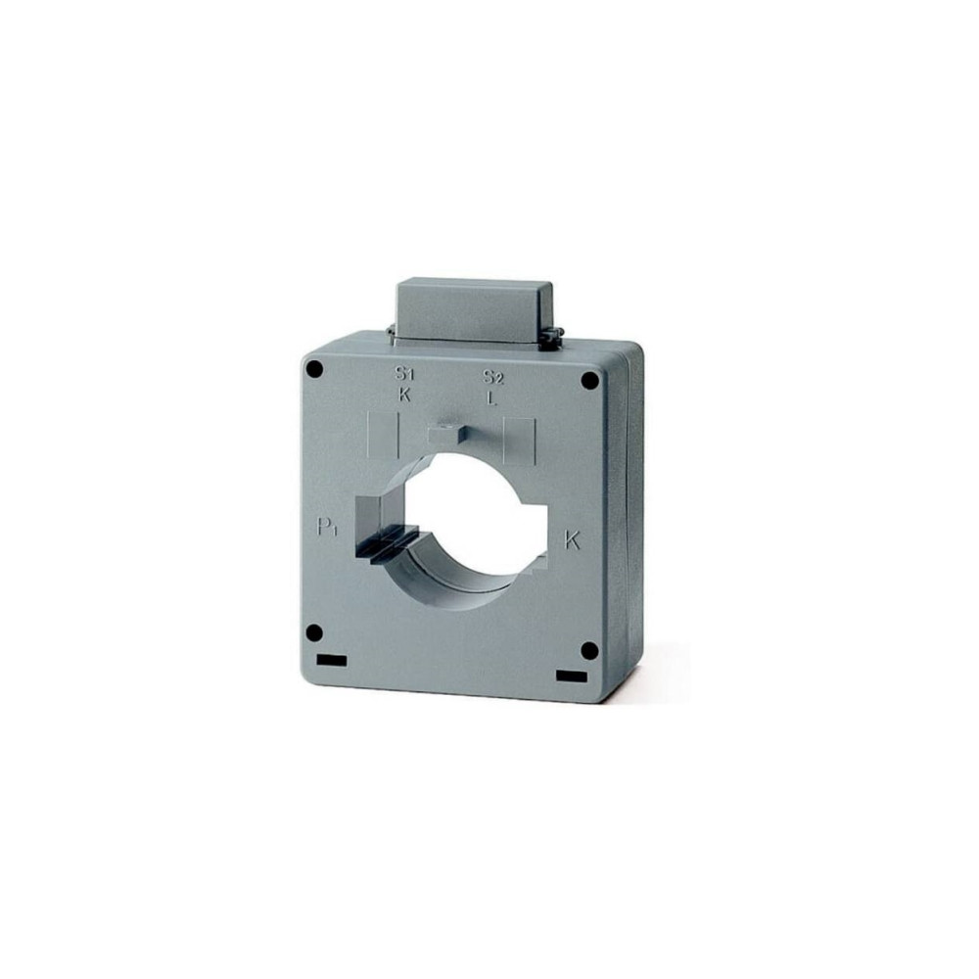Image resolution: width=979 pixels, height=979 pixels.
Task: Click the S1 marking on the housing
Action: (x=404, y=374)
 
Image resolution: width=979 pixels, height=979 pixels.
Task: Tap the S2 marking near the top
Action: (x=493, y=377)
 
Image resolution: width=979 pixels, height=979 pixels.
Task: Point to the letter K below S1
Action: (x=405, y=395)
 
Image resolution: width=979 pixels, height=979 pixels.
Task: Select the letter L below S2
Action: (x=492, y=398)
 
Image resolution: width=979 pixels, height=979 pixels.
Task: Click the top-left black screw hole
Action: (x=315, y=370)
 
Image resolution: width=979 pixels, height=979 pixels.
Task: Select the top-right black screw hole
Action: (x=589, y=380)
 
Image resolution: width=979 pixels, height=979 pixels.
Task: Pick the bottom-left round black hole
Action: (x=314, y=633)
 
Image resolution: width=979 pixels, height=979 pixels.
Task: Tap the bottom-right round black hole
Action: (x=589, y=651)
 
